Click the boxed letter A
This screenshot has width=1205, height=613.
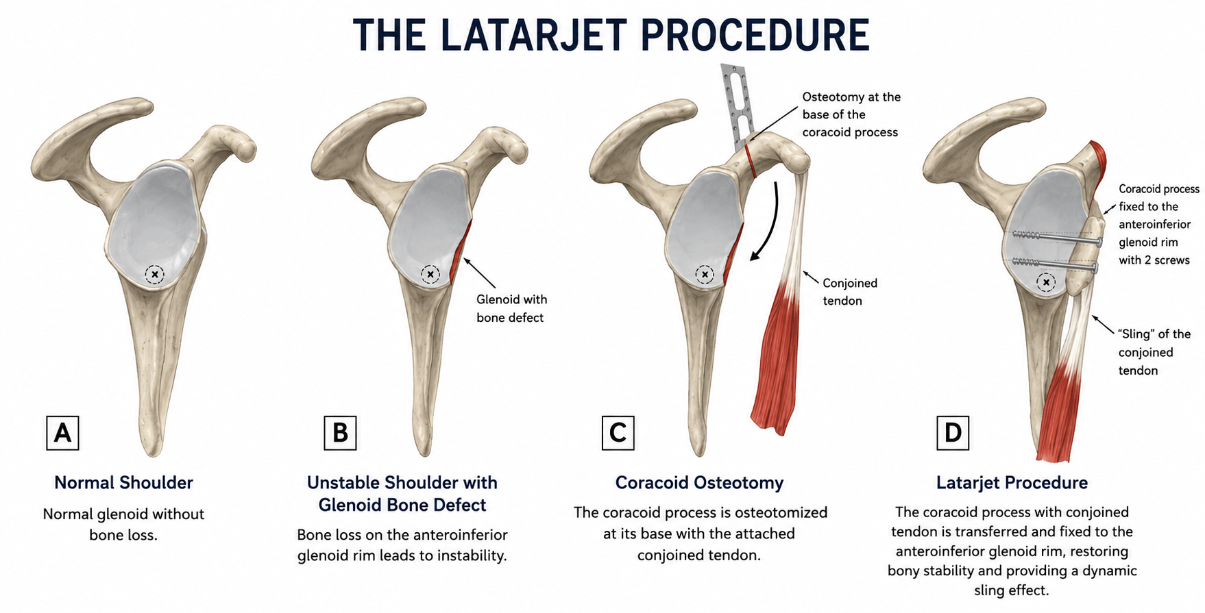(62, 433)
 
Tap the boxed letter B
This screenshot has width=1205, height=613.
(340, 433)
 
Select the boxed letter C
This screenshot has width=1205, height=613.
(618, 433)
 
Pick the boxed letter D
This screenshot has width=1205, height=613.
(953, 433)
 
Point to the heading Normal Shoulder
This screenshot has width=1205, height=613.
(123, 483)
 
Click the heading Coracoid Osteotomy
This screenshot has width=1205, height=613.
(699, 483)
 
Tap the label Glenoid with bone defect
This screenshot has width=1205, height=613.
(511, 308)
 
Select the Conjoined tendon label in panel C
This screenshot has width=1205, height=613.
(850, 292)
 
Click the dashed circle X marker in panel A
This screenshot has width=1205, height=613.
(155, 275)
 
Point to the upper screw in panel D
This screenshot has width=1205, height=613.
(1056, 237)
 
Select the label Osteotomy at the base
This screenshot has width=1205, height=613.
(851, 114)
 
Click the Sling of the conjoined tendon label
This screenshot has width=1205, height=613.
(1154, 352)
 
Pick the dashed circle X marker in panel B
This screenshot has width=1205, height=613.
(430, 275)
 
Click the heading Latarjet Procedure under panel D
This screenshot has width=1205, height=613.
(1012, 483)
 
